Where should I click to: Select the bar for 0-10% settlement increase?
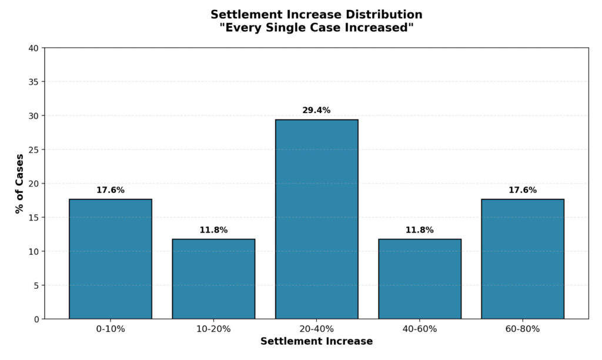click(x=111, y=259)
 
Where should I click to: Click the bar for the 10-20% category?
click(x=213, y=279)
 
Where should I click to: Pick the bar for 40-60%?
click(x=419, y=279)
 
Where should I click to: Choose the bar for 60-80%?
click(x=522, y=259)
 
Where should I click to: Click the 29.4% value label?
click(x=316, y=110)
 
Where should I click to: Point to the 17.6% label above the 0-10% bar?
click(x=111, y=190)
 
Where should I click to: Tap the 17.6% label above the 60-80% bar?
click(x=522, y=190)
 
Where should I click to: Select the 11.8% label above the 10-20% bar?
click(x=213, y=230)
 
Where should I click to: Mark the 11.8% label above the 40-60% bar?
click(x=419, y=230)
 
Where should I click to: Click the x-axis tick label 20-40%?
click(x=316, y=329)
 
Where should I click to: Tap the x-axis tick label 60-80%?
click(x=522, y=329)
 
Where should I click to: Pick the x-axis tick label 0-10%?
click(x=111, y=329)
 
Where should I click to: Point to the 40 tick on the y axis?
click(x=34, y=48)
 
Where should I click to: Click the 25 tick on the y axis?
click(x=34, y=149)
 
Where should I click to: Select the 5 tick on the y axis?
click(x=36, y=285)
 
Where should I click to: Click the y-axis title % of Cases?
click(x=19, y=184)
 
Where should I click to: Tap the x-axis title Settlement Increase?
click(x=316, y=341)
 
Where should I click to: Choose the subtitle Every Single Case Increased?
click(x=316, y=28)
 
